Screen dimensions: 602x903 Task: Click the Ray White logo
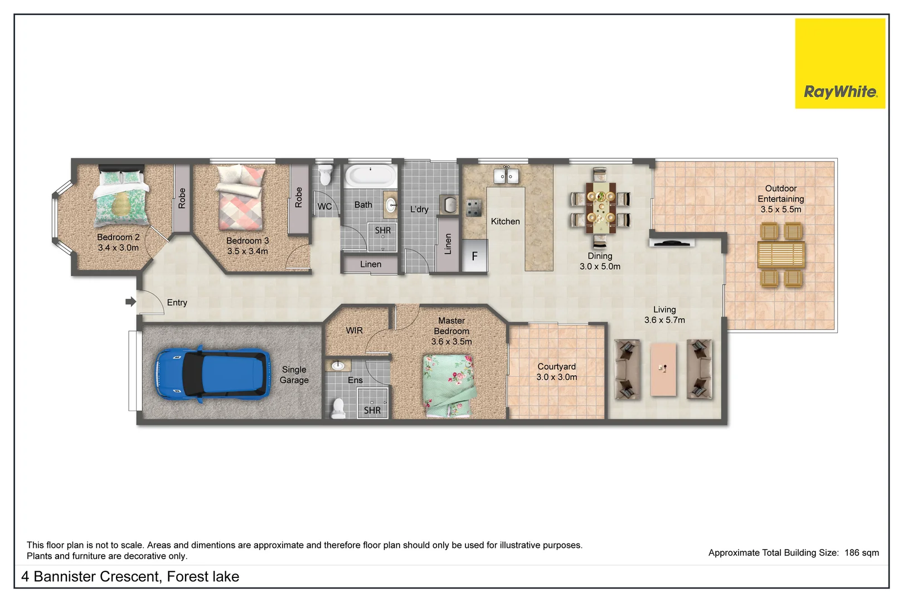(840, 64)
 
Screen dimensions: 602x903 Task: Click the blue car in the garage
(211, 373)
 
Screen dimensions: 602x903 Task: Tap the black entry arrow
(130, 302)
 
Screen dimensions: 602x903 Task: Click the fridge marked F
(475, 256)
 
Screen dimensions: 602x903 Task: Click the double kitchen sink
(506, 176)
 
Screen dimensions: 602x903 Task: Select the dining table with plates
(600, 207)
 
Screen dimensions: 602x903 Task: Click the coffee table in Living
(663, 369)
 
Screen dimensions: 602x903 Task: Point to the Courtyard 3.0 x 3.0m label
(556, 372)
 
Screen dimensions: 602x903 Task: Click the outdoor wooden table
(781, 255)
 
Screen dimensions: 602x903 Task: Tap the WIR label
(354, 331)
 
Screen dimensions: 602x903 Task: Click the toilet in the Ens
(338, 408)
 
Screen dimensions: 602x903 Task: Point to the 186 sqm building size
(861, 552)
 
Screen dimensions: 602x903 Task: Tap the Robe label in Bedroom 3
(299, 197)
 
